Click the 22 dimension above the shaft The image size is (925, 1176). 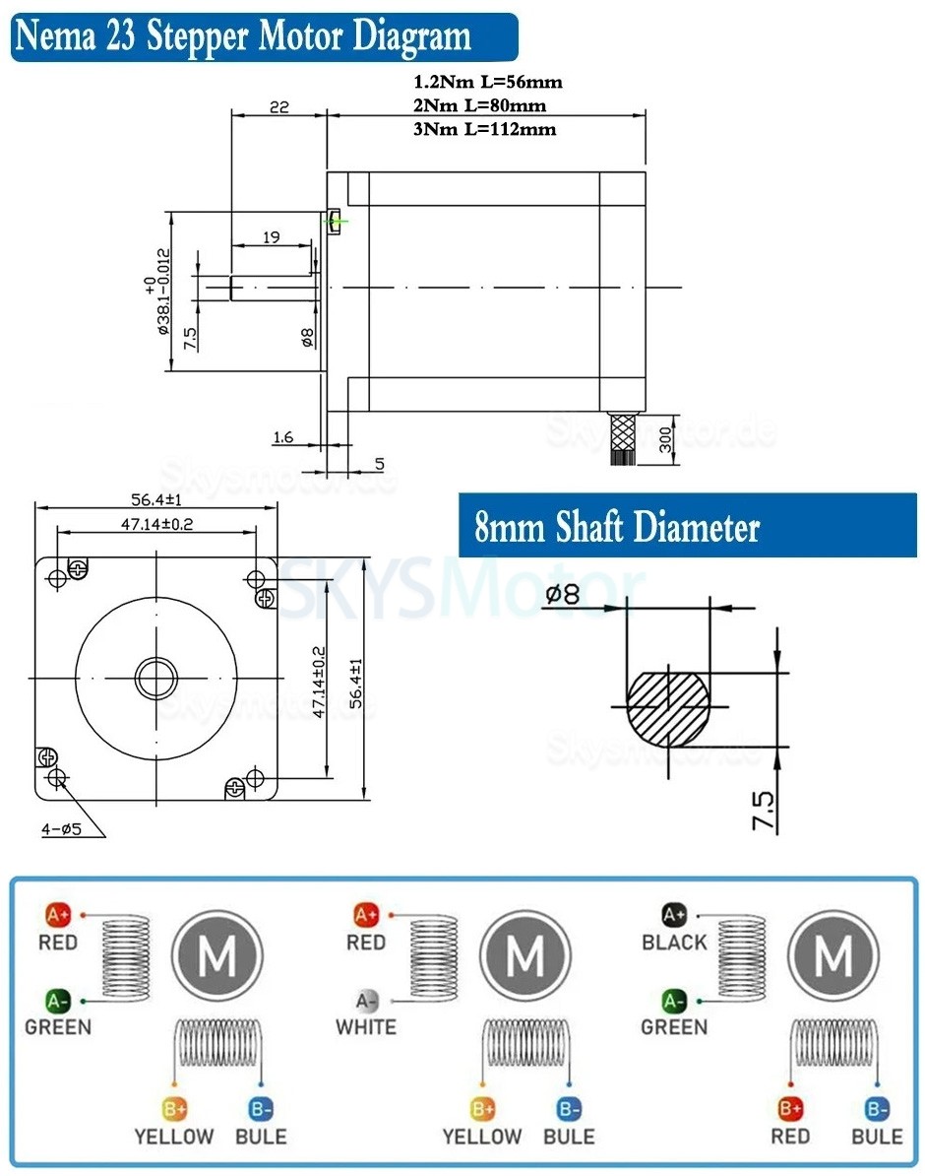pyautogui.click(x=278, y=106)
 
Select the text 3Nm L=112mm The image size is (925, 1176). pyautogui.click(x=485, y=129)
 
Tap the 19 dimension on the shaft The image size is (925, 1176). pyautogui.click(x=273, y=236)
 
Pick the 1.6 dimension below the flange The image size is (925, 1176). pyautogui.click(x=282, y=436)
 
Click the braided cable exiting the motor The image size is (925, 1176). pyautogui.click(x=621, y=435)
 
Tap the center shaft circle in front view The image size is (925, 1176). pyautogui.click(x=156, y=677)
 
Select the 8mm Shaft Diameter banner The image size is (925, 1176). pyautogui.click(x=617, y=528)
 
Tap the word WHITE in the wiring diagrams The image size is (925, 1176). pyautogui.click(x=366, y=1027)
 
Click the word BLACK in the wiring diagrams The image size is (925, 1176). pyautogui.click(x=674, y=943)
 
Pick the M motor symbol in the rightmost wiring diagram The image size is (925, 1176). pyautogui.click(x=834, y=954)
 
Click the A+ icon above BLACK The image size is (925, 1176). pyautogui.click(x=673, y=915)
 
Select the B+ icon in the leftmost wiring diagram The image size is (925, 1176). pyautogui.click(x=174, y=1109)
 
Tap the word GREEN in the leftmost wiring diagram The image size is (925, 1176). pyautogui.click(x=57, y=1027)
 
